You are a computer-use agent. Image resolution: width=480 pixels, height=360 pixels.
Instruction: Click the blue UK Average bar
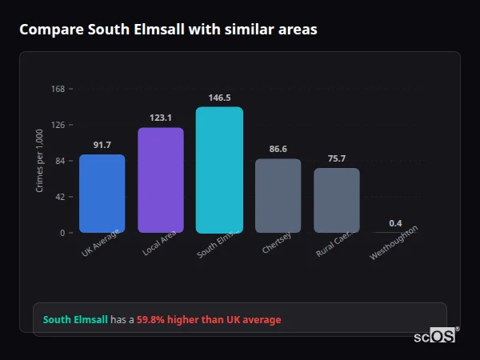pos(102,193)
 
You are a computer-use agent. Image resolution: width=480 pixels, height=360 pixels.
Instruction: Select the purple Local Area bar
pos(160,180)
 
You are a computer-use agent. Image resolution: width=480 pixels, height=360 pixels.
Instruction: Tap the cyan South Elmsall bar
pos(219,170)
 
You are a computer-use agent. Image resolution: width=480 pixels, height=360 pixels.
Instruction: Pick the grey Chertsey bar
pos(278,195)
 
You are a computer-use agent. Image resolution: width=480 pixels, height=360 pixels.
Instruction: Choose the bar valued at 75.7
pos(336,200)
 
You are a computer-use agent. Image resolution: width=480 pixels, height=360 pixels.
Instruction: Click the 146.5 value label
pos(219,98)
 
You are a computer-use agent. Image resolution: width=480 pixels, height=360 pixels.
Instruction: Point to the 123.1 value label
pos(160,118)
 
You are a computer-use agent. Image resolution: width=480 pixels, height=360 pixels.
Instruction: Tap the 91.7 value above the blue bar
pos(102,145)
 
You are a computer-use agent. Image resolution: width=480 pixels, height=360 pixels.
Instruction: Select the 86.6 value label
pos(278,149)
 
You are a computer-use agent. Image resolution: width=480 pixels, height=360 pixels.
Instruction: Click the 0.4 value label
pos(395,222)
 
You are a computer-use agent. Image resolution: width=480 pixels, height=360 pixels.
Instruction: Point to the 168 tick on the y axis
pos(58,89)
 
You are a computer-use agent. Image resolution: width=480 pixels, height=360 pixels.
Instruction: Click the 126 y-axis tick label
pos(58,125)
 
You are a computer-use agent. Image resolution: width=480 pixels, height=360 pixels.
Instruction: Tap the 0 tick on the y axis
pos(62,233)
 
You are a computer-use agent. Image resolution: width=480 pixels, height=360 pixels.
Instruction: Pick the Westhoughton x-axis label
pos(394,242)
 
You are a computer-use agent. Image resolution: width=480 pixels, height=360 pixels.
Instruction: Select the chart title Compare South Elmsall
pos(168,30)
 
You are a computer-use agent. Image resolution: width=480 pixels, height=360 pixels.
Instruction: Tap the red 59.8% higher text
pos(209,320)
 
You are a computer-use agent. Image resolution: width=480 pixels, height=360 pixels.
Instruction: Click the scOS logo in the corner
pos(434,337)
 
